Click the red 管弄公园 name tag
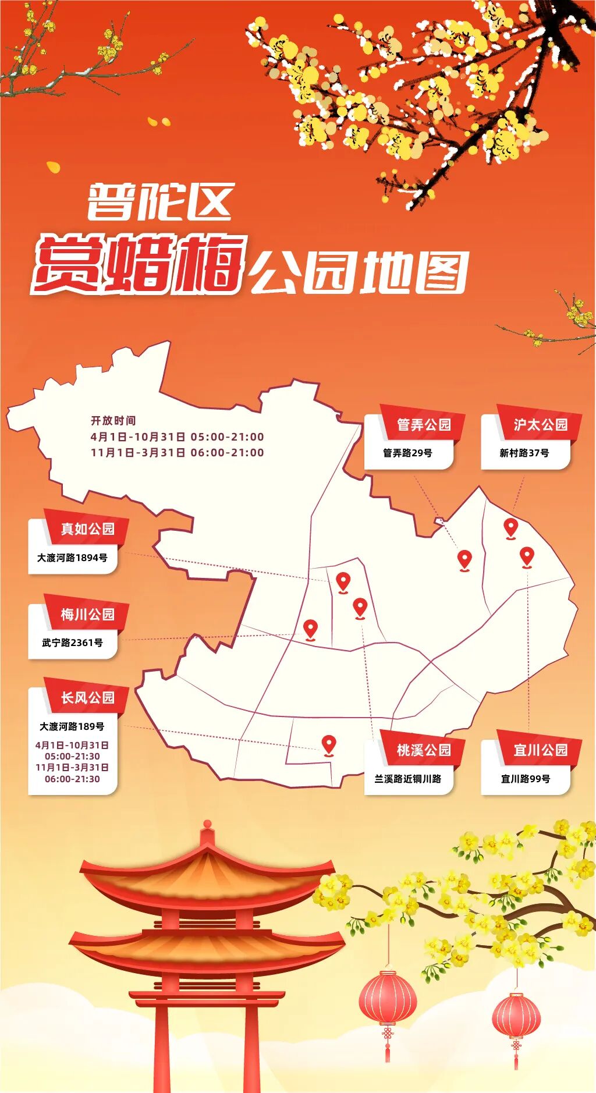pyautogui.click(x=424, y=425)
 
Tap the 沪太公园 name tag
pyautogui.click(x=540, y=425)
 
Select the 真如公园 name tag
pyautogui.click(x=88, y=529)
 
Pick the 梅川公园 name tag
pyautogui.click(x=88, y=615)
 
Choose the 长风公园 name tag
pyautogui.click(x=88, y=698)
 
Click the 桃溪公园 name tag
pyautogui.click(x=424, y=750)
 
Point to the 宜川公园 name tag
pyautogui.click(x=540, y=750)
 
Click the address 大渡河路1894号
pyautogui.click(x=72, y=558)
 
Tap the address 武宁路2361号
pyautogui.click(x=72, y=643)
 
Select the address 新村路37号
pyautogui.click(x=524, y=453)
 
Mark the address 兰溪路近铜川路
pyautogui.click(x=408, y=779)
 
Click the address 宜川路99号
pyautogui.click(x=526, y=779)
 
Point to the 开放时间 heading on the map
pyautogui.click(x=113, y=421)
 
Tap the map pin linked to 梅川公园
pyautogui.click(x=311, y=629)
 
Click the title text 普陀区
pyautogui.click(x=161, y=202)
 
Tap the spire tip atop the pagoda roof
pyautogui.click(x=207, y=825)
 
